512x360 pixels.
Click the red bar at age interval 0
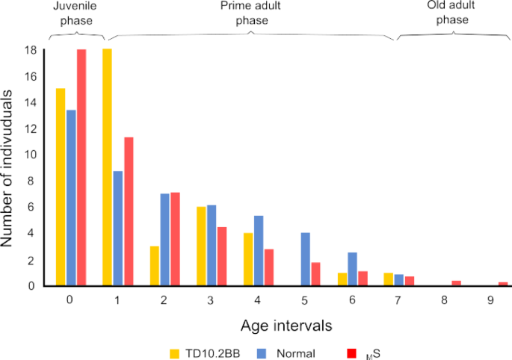[x=81, y=168]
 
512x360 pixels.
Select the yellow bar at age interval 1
[x=107, y=168]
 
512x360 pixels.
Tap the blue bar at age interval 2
[x=165, y=240]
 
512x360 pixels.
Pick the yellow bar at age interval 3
[x=201, y=246]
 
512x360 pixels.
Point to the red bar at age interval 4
[x=268, y=267]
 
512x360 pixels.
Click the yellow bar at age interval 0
[x=61, y=187]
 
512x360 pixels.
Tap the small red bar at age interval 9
[x=503, y=284]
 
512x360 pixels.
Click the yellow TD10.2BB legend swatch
[x=176, y=351]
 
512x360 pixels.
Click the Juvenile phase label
[x=73, y=13]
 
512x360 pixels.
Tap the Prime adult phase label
[x=251, y=13]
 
